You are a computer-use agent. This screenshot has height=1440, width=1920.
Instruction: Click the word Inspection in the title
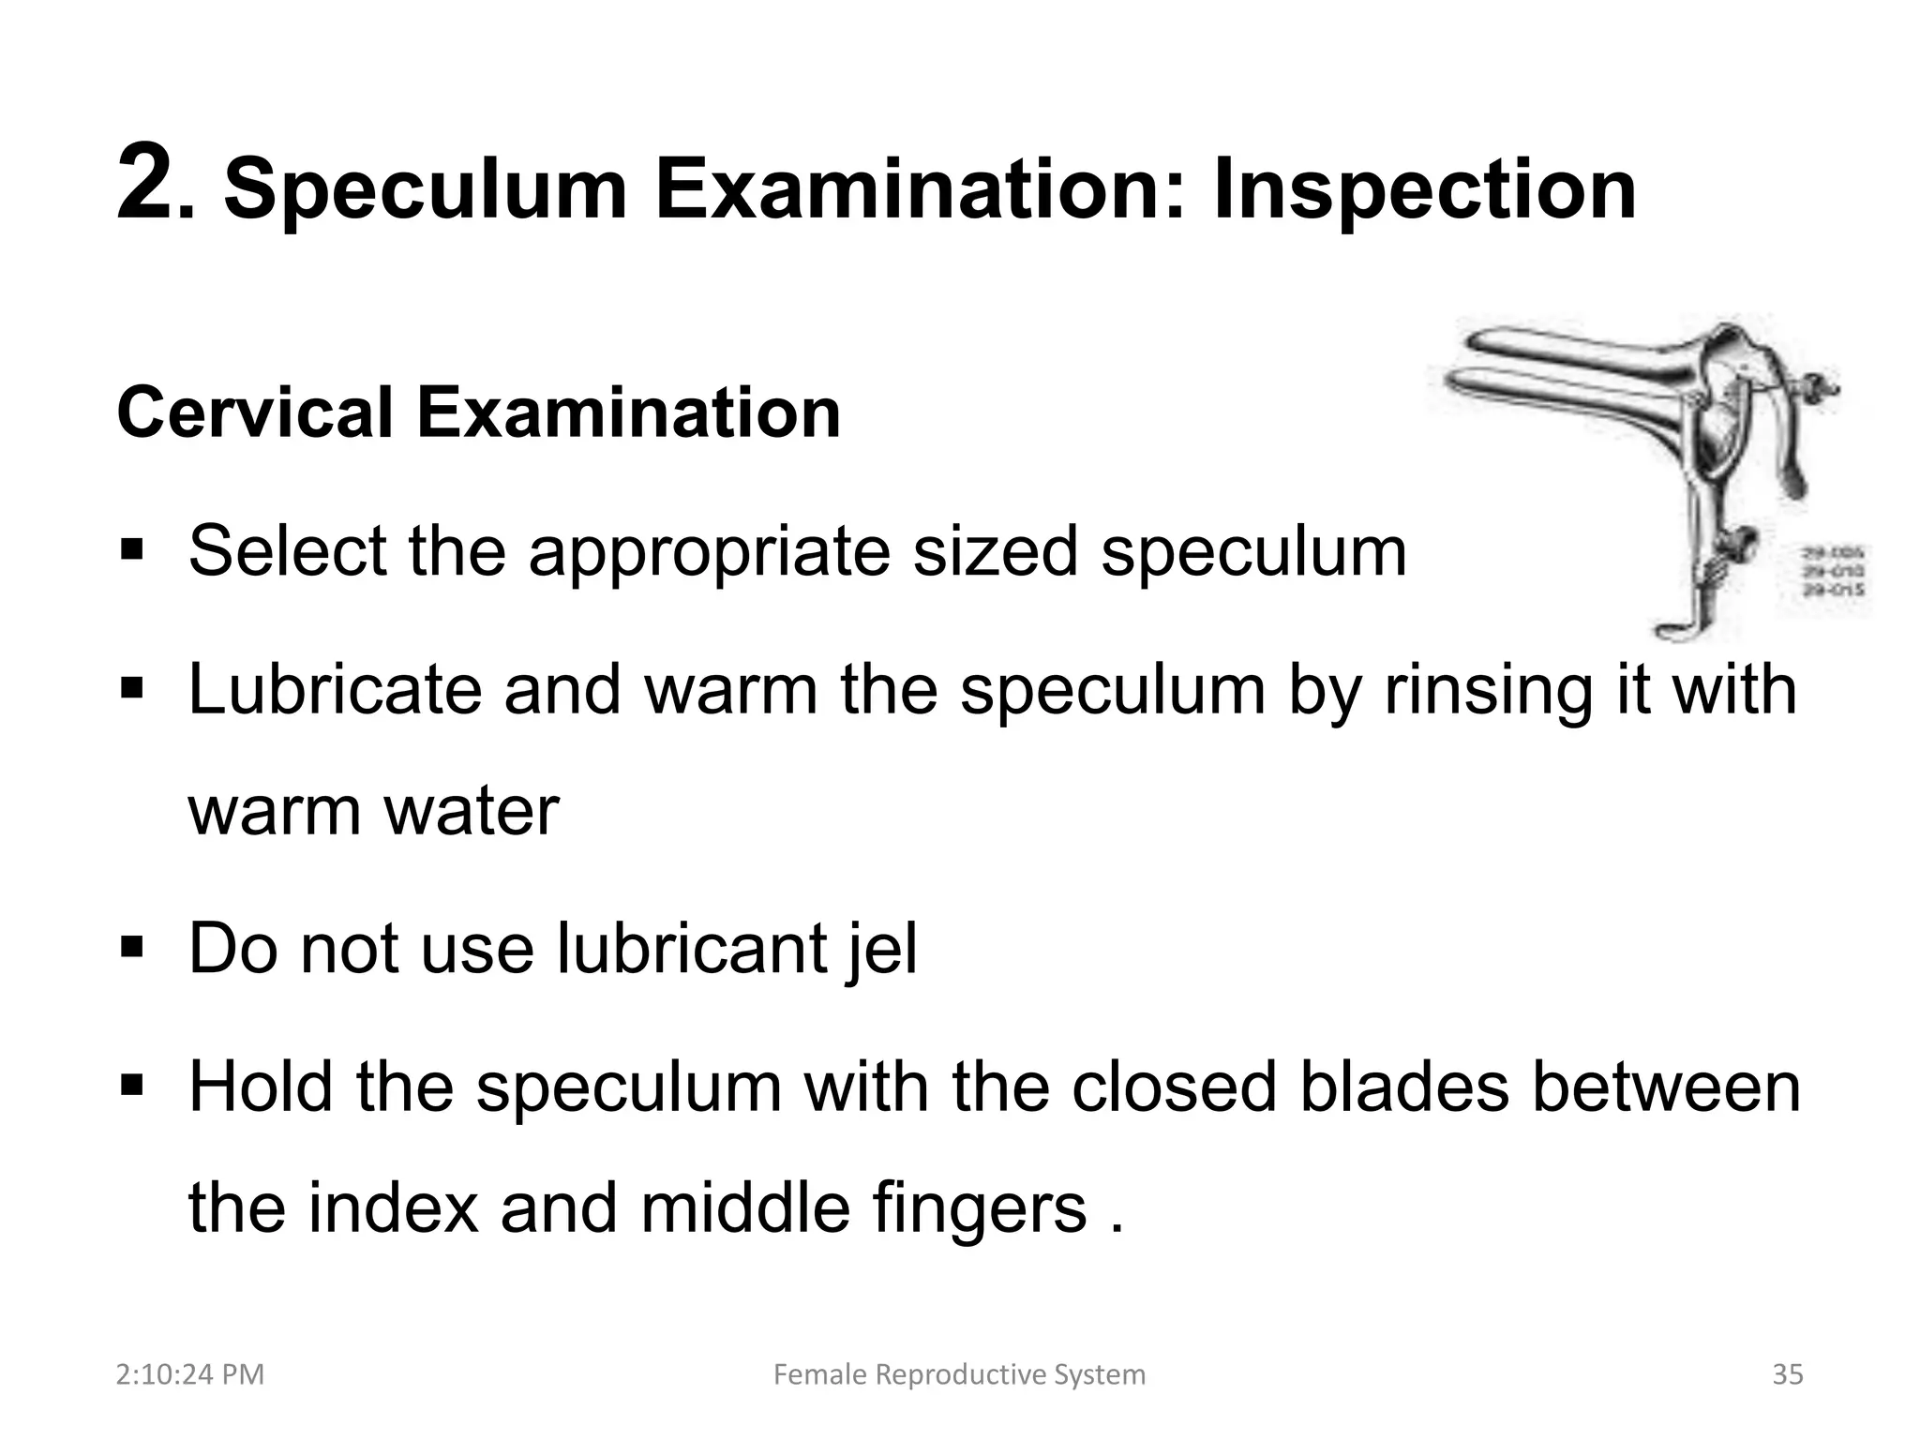(x=1424, y=190)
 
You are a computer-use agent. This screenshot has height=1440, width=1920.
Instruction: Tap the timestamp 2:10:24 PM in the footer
(x=190, y=1375)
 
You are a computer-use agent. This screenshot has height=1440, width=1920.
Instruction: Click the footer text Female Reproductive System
(x=959, y=1375)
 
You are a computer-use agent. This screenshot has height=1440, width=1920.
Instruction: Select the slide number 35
(x=1788, y=1375)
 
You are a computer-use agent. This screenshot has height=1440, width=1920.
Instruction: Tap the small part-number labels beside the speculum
(x=1832, y=573)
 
